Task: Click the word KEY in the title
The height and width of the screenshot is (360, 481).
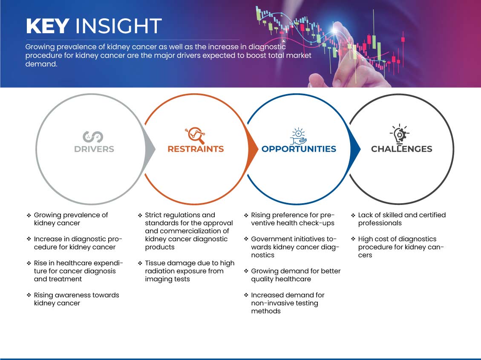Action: click(x=47, y=26)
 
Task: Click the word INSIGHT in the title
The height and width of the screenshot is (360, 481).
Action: click(x=118, y=26)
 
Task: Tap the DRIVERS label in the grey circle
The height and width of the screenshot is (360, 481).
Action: click(x=94, y=149)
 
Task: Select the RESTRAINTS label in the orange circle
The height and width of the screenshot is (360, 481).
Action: click(x=196, y=149)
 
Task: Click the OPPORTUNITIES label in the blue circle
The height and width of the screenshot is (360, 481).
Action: click(x=299, y=149)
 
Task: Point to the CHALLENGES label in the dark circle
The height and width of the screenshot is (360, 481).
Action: click(x=401, y=149)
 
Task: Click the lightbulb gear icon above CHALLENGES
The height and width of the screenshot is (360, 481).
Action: click(x=399, y=134)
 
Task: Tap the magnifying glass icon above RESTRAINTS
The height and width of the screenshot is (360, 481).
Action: click(x=195, y=135)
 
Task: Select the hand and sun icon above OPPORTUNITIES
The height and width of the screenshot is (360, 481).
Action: click(x=298, y=135)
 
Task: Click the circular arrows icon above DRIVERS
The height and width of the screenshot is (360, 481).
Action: click(x=93, y=136)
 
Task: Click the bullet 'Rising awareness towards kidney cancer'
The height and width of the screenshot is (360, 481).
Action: click(x=76, y=299)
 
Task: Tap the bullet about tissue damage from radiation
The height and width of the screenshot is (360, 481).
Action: click(x=189, y=271)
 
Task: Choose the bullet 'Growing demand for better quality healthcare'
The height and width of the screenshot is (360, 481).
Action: click(x=295, y=275)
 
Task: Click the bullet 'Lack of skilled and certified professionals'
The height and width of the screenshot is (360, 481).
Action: click(x=401, y=219)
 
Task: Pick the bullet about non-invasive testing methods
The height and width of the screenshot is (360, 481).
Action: click(x=288, y=303)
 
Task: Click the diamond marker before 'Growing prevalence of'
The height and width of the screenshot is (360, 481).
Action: click(x=29, y=215)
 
